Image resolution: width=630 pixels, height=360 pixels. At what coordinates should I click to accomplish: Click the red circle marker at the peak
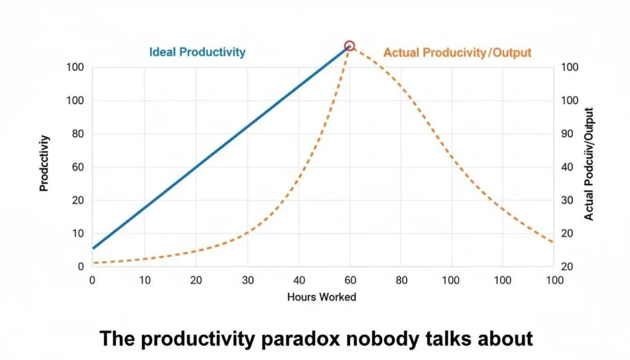click(x=349, y=46)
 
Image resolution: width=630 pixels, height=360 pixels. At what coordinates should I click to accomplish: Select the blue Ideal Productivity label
click(x=197, y=52)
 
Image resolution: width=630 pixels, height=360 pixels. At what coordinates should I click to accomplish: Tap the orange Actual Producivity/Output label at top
click(x=457, y=53)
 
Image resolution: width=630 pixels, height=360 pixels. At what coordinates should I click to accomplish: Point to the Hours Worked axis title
click(x=321, y=297)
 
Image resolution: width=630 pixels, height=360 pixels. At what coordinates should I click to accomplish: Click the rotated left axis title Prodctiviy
click(x=44, y=164)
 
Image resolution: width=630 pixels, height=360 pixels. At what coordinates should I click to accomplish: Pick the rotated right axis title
click(x=589, y=164)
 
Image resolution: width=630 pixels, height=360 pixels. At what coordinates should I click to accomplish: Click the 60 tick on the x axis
click(x=349, y=280)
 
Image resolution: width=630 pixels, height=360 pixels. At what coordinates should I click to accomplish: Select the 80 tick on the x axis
click(x=401, y=280)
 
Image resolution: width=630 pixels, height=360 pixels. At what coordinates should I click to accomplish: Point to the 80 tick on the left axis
click(x=78, y=134)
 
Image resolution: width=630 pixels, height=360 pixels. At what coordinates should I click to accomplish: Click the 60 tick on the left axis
click(x=78, y=167)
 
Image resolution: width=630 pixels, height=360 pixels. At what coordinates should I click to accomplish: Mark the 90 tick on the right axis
click(x=567, y=134)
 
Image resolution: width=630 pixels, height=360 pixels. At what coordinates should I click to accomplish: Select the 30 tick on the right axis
click(x=567, y=201)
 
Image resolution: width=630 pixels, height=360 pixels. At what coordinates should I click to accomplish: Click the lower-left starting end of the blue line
click(x=93, y=248)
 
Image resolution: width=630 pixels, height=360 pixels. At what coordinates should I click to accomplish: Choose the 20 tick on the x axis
click(x=196, y=280)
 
